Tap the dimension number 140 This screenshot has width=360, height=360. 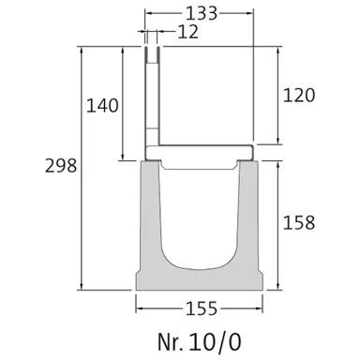point(102,105)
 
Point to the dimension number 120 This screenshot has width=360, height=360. point(298,95)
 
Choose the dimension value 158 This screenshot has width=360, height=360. point(298,223)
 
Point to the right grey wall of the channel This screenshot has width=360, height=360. point(246,225)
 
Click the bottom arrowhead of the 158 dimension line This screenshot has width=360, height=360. point(278,287)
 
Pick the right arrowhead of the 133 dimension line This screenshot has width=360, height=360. point(250,15)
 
